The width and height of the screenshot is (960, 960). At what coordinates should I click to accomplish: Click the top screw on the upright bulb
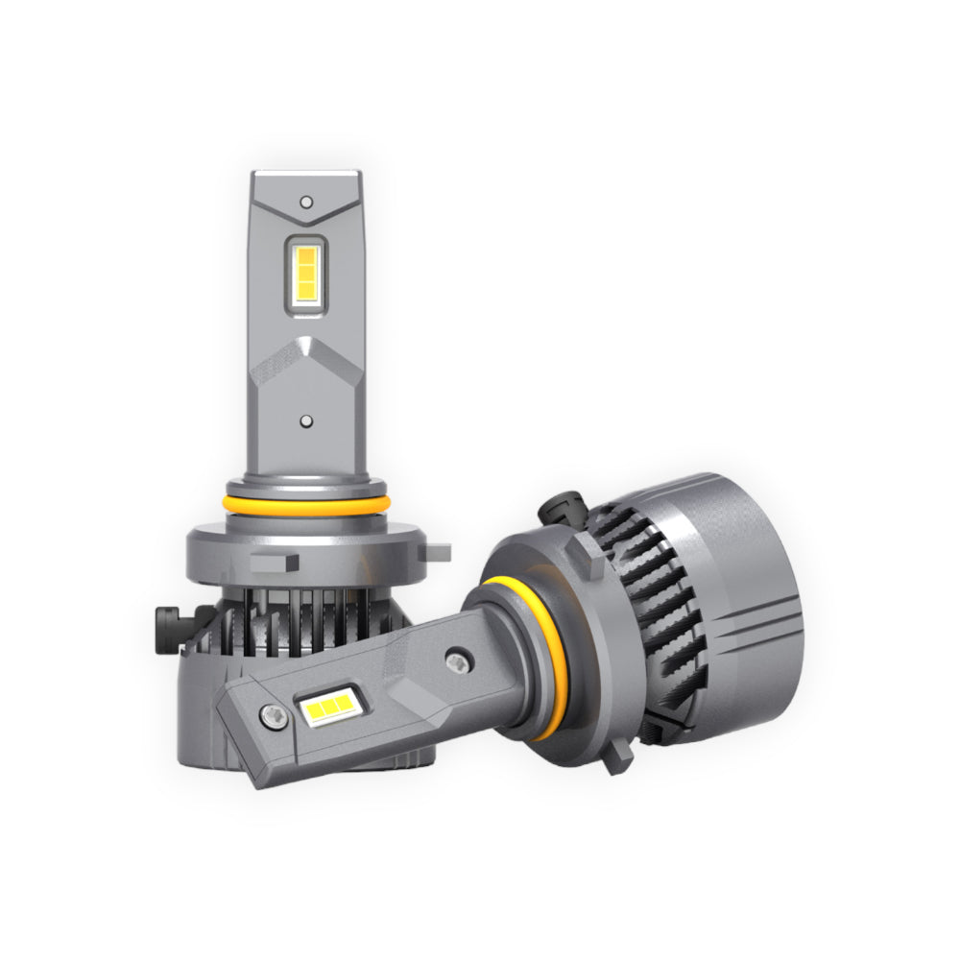point(305,202)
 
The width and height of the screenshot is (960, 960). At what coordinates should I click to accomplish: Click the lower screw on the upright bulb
point(305,420)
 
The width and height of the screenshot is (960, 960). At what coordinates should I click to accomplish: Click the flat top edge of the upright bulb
point(305,175)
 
